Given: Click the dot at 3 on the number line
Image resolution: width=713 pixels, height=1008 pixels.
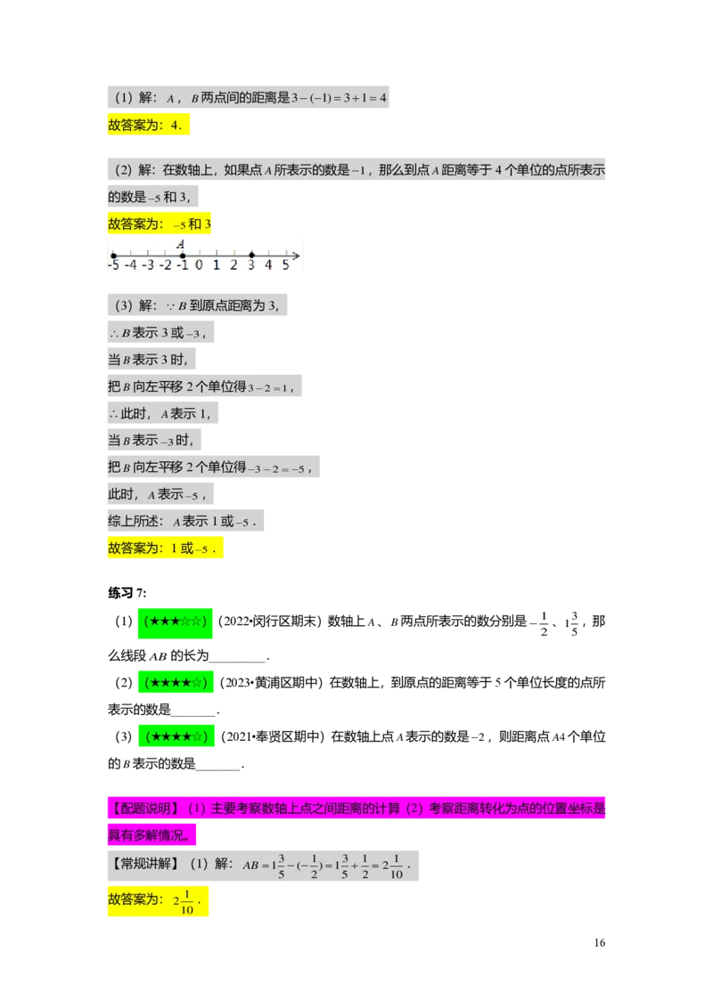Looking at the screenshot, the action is pyautogui.click(x=251, y=256).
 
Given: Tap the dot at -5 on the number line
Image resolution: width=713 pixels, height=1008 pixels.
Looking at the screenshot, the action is pyautogui.click(x=113, y=256).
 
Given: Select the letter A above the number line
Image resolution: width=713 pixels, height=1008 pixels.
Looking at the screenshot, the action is pyautogui.click(x=180, y=244).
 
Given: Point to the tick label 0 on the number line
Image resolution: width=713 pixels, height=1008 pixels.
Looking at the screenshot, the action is pyautogui.click(x=199, y=264).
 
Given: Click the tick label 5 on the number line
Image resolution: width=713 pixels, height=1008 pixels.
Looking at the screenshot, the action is pyautogui.click(x=285, y=264).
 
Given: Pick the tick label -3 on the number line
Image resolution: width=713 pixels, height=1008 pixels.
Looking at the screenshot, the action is pyautogui.click(x=148, y=264).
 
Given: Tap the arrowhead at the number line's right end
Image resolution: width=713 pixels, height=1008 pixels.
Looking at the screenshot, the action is pyautogui.click(x=297, y=256).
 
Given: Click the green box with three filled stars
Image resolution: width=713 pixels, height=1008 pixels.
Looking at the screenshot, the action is pyautogui.click(x=175, y=622).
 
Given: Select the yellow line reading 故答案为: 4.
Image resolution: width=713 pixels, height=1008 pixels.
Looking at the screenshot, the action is pyautogui.click(x=149, y=126).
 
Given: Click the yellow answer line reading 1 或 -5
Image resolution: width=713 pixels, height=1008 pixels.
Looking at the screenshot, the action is pyautogui.click(x=167, y=549).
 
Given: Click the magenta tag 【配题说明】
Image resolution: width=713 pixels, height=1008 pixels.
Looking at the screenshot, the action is pyautogui.click(x=144, y=809).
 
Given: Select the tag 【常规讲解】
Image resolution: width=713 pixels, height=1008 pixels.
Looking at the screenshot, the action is pyautogui.click(x=144, y=864).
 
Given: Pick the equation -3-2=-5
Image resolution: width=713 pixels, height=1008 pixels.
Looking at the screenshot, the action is pyautogui.click(x=278, y=468).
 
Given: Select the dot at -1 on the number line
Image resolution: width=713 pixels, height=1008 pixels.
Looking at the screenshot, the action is pyautogui.click(x=182, y=256).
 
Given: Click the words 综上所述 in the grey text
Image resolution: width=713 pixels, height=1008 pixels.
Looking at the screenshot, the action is pyautogui.click(x=136, y=522).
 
